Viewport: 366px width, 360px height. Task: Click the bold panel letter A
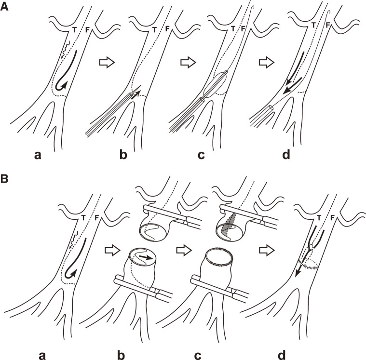tap(4, 7)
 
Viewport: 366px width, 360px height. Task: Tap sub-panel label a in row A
tap(38, 155)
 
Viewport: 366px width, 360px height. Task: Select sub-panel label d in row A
tap(286, 154)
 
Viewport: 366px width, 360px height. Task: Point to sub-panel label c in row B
tap(198, 356)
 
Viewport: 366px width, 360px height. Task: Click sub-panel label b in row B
tap(122, 354)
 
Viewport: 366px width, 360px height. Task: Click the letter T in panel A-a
tap(74, 29)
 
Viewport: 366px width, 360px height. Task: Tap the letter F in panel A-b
tap(167, 29)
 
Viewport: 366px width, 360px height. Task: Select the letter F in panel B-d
tap(332, 218)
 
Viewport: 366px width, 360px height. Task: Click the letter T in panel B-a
tap(83, 218)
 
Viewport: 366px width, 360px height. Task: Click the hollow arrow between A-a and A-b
tap(107, 63)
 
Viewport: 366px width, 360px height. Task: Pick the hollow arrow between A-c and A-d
tap(267, 63)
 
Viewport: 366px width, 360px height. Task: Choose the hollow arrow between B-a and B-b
tap(112, 251)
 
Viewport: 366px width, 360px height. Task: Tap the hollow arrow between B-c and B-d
tap(267, 251)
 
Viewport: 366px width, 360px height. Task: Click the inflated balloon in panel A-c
tap(215, 84)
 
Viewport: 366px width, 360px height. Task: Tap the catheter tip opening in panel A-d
tap(271, 107)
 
